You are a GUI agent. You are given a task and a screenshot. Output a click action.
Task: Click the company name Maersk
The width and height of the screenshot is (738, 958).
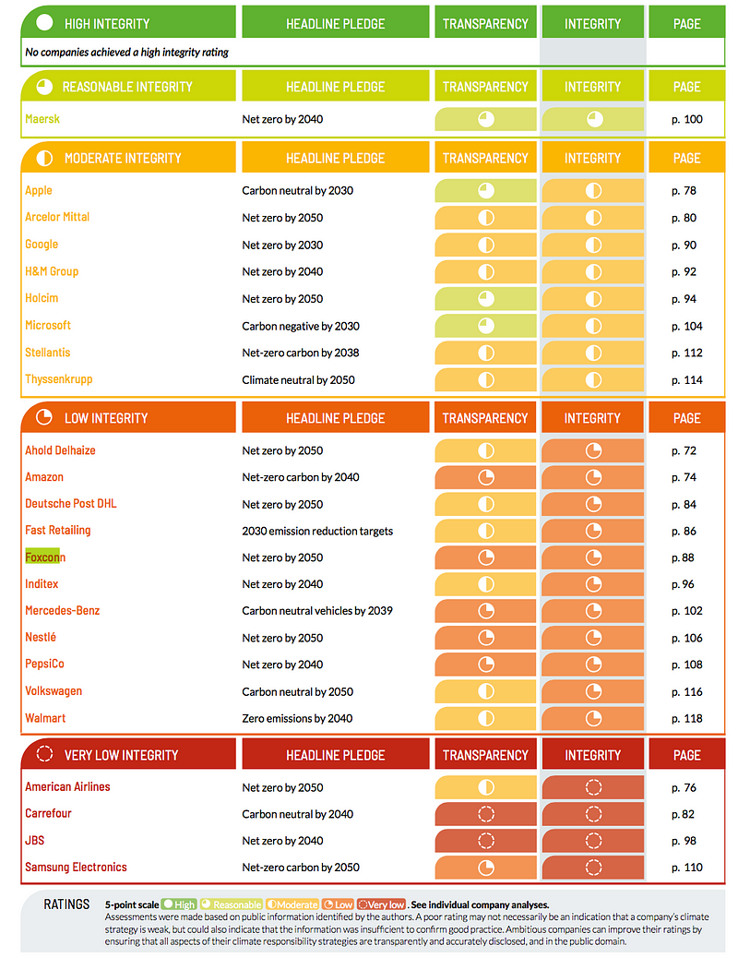tap(42, 119)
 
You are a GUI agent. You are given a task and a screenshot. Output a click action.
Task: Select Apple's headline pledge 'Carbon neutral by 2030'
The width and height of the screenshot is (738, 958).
tap(297, 191)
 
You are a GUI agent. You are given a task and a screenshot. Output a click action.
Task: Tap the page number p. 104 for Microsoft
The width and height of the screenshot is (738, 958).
tap(686, 326)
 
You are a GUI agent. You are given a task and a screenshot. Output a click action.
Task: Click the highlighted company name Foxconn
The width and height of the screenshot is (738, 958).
tap(45, 557)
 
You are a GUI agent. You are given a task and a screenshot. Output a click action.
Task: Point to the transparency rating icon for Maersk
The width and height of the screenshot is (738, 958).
tap(485, 119)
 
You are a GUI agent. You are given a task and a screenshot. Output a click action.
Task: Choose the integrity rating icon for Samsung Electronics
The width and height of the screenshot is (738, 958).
tap(593, 868)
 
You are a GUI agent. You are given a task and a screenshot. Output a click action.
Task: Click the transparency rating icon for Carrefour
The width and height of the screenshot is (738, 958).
tap(485, 814)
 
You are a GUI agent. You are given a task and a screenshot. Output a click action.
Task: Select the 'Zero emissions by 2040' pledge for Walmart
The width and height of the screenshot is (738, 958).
tap(297, 718)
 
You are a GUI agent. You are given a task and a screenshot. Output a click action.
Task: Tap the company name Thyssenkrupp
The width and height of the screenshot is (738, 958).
tap(59, 379)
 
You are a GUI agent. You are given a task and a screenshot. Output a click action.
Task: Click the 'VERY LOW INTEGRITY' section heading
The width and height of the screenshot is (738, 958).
tap(121, 755)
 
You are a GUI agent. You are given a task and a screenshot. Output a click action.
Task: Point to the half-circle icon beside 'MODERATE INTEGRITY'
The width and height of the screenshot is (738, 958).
tap(43, 159)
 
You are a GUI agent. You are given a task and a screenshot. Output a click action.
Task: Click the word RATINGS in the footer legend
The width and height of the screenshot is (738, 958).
tap(66, 904)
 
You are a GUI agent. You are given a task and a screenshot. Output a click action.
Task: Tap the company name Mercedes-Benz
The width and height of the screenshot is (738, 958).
tap(63, 611)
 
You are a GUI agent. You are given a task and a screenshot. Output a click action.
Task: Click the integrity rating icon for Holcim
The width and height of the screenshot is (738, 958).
tap(593, 299)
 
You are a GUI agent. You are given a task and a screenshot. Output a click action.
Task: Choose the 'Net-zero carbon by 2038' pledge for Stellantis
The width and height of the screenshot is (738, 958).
tap(301, 353)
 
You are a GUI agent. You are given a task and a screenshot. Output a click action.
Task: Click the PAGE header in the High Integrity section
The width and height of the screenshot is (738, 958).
tap(686, 23)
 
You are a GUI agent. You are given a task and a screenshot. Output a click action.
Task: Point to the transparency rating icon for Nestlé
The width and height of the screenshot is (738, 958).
tap(485, 638)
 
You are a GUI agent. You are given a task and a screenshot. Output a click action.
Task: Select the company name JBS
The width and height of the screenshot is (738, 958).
tap(35, 841)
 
